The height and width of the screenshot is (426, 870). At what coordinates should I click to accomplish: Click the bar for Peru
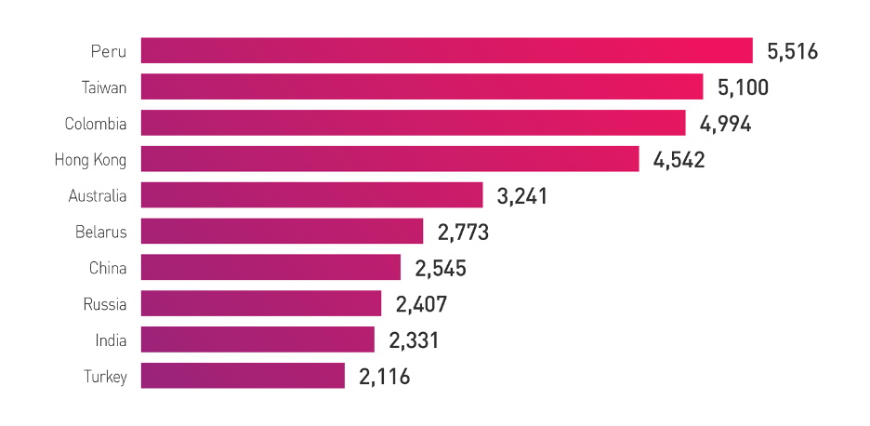[446, 50]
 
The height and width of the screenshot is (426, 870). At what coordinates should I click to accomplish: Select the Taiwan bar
[422, 87]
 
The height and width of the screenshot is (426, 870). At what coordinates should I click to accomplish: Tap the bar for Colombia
[413, 123]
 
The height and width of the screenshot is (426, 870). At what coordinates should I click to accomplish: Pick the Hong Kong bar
[389, 159]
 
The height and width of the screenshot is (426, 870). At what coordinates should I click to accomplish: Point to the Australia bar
[311, 195]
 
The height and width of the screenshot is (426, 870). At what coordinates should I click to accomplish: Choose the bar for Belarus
[282, 232]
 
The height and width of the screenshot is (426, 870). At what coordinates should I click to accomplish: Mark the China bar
[270, 268]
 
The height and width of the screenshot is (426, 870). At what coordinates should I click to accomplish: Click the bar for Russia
[261, 303]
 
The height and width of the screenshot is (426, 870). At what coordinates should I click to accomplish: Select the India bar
[257, 339]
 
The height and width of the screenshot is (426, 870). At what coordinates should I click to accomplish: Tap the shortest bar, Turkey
[243, 376]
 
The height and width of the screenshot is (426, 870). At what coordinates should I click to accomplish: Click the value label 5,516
[792, 51]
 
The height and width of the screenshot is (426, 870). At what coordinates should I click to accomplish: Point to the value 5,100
[744, 87]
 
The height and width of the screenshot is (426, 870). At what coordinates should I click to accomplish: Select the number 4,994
[726, 124]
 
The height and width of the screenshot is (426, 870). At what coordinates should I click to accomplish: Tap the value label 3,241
[522, 196]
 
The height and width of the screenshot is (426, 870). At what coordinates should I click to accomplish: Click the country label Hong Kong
[90, 160]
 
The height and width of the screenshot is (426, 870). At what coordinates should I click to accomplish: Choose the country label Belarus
[101, 232]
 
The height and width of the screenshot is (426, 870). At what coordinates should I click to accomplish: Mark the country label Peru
[109, 51]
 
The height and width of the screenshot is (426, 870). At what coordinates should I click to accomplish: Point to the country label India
[111, 340]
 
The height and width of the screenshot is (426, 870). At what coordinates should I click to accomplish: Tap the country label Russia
[104, 304]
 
